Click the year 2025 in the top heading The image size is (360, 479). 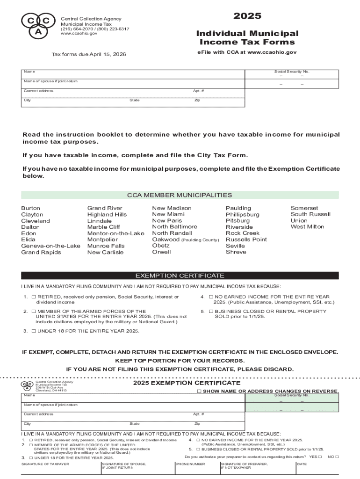[247, 16]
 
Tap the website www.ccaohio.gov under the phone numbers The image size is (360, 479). [79, 34]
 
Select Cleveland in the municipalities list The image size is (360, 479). [36, 221]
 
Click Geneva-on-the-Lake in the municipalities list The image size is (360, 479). [50, 246]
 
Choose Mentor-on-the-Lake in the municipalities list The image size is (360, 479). [115, 233]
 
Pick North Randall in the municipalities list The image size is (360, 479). [172, 233]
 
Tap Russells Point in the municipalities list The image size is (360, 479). [246, 239]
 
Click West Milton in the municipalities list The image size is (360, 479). [307, 227]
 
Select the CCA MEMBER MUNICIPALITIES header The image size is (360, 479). [180, 195]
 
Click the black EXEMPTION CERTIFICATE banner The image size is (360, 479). [180, 276]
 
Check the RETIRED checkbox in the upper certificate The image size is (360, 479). [34, 297]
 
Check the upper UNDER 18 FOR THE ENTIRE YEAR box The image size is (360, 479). [34, 331]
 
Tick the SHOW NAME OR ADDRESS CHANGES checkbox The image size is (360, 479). [199, 391]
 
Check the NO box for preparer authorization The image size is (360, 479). [337, 457]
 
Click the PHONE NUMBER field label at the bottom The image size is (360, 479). [190, 464]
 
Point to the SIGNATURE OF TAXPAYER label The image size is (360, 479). [45, 464]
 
